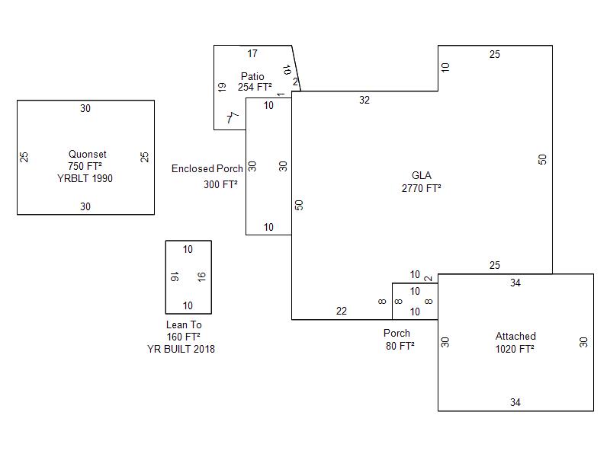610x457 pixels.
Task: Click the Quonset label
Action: (85, 154)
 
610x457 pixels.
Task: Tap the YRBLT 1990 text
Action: (85, 179)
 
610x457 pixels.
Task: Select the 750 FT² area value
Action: (85, 166)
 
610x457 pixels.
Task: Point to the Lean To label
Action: (184, 324)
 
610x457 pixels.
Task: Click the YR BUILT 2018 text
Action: (181, 349)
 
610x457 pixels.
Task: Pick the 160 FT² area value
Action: (184, 337)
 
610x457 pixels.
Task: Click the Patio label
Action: (252, 76)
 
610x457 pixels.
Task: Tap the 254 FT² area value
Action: (255, 88)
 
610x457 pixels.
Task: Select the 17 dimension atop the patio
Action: (252, 53)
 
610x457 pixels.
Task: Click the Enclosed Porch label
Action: (207, 168)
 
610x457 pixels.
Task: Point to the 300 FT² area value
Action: (220, 184)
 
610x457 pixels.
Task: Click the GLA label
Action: (422, 175)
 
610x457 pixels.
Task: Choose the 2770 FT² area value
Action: (422, 187)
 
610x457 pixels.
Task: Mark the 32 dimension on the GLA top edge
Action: (364, 100)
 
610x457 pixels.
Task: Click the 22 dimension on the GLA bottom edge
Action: (342, 311)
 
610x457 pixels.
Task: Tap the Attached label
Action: (515, 336)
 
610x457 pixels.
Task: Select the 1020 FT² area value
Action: (515, 349)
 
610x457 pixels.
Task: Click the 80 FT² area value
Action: (400, 346)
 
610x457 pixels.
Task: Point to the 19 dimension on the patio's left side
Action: (222, 88)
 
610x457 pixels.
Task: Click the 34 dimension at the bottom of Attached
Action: (515, 402)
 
